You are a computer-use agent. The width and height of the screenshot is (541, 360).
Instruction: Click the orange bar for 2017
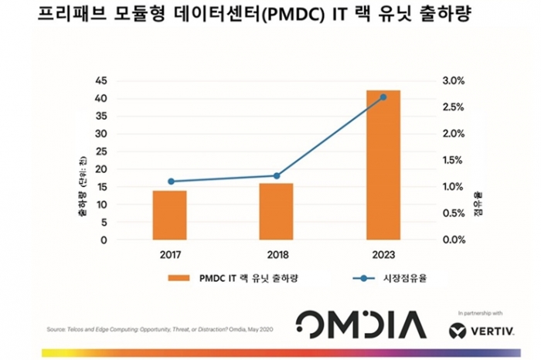coord(169,215)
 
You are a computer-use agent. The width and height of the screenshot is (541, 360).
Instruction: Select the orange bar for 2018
coord(276,211)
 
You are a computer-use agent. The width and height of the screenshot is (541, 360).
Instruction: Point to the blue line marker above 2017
coord(171,182)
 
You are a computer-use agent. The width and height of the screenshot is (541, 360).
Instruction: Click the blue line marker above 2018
coord(277,176)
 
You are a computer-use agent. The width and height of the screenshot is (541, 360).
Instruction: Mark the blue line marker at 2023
coord(383,97)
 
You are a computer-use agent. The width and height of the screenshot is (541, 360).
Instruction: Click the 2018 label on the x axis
coord(276,253)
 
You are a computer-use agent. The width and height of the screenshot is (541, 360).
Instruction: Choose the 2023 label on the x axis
coord(383,253)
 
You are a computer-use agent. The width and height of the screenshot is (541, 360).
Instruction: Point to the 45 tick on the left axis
coord(101,81)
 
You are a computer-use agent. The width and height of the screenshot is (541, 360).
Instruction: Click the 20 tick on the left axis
coord(101,169)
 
